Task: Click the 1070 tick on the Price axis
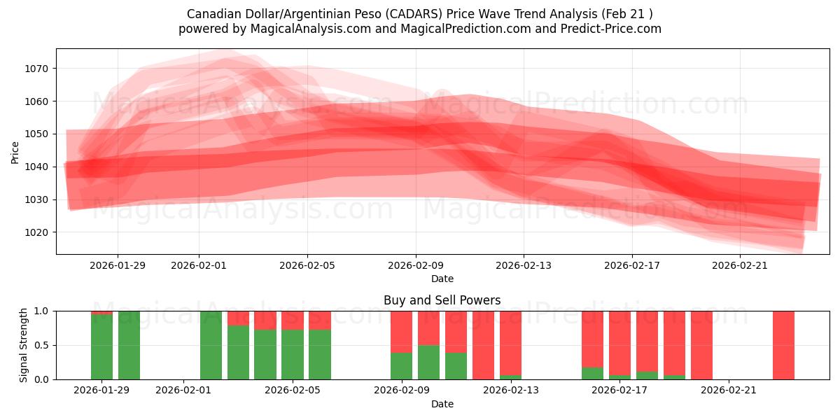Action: click(38, 69)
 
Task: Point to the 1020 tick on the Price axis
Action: click(38, 232)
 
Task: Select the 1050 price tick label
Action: click(38, 134)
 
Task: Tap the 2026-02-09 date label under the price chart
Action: click(416, 265)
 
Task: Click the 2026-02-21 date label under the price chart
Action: click(741, 265)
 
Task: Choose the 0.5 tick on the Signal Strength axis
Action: click(41, 345)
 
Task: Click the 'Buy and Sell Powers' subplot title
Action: click(442, 300)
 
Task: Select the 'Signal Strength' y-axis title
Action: click(24, 344)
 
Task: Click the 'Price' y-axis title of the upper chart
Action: click(15, 152)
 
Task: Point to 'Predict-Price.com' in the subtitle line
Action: click(613, 29)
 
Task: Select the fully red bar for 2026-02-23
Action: click(783, 345)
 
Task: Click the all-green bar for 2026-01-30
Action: click(129, 345)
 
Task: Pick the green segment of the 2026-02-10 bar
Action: click(428, 362)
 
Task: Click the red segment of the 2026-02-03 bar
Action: click(238, 318)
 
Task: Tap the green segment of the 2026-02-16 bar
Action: click(592, 373)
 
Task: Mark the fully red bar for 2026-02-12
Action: click(483, 345)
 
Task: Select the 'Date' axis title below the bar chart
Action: click(442, 404)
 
